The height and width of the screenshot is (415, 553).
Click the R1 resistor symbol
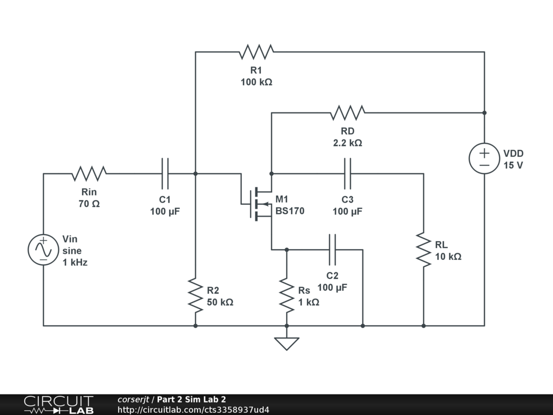257,52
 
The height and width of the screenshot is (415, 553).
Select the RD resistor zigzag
348,112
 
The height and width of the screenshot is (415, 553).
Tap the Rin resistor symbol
89,173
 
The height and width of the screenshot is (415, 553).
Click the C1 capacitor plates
165,173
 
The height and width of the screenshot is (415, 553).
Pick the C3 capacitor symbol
347,173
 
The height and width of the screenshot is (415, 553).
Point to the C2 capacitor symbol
332,250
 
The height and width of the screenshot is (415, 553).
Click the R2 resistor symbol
195,296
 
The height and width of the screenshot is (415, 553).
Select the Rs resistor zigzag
287,296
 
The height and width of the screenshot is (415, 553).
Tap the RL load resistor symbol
423,250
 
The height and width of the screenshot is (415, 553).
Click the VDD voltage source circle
484,158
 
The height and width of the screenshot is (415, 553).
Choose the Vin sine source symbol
43,250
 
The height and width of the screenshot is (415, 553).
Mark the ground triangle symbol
287,344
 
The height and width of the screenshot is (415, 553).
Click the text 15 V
513,165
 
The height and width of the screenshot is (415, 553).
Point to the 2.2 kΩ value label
347,143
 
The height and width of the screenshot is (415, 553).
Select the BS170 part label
289,211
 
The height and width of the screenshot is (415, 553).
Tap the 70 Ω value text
89,204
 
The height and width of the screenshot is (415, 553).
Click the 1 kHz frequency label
75,263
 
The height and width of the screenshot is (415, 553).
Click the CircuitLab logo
58,405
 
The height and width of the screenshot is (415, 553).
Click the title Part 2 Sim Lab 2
192,399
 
